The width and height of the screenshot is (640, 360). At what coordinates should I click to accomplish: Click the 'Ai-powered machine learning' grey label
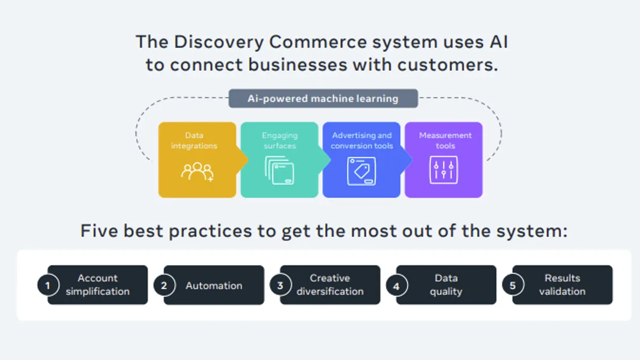[x=323, y=99]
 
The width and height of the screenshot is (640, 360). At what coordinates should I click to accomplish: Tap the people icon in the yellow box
[x=197, y=172]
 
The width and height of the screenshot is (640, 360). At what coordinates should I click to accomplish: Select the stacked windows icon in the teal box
[x=279, y=170]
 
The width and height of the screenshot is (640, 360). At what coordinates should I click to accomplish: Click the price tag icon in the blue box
[x=362, y=171]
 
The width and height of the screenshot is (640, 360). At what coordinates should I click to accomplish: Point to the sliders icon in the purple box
[x=444, y=170]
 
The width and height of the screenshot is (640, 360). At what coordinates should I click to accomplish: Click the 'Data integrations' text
[x=194, y=141]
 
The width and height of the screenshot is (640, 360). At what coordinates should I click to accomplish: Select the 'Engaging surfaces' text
[x=279, y=141]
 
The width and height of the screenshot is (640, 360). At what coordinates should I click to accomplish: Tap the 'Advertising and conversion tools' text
[x=362, y=141]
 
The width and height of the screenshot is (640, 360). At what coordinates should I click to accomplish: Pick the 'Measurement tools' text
[x=445, y=141]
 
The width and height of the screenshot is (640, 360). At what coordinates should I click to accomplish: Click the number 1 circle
[x=48, y=285]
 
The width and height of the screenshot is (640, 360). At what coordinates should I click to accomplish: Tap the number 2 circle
[x=164, y=285]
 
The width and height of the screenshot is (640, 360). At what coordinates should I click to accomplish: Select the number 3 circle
[x=281, y=285]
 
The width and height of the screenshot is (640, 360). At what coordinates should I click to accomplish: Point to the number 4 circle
[x=397, y=285]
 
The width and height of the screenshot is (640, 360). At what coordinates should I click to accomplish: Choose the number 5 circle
[x=513, y=285]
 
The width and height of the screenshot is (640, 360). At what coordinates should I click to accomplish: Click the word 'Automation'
[x=214, y=285]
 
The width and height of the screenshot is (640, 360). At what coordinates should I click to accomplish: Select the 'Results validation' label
[x=562, y=285]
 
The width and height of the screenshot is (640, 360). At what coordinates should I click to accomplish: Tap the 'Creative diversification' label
[x=330, y=285]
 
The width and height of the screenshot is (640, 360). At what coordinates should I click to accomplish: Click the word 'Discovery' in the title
[x=219, y=43]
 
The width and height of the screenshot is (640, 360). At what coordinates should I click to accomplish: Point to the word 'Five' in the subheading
[x=99, y=230]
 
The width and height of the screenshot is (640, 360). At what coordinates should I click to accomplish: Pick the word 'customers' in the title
[x=447, y=65]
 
